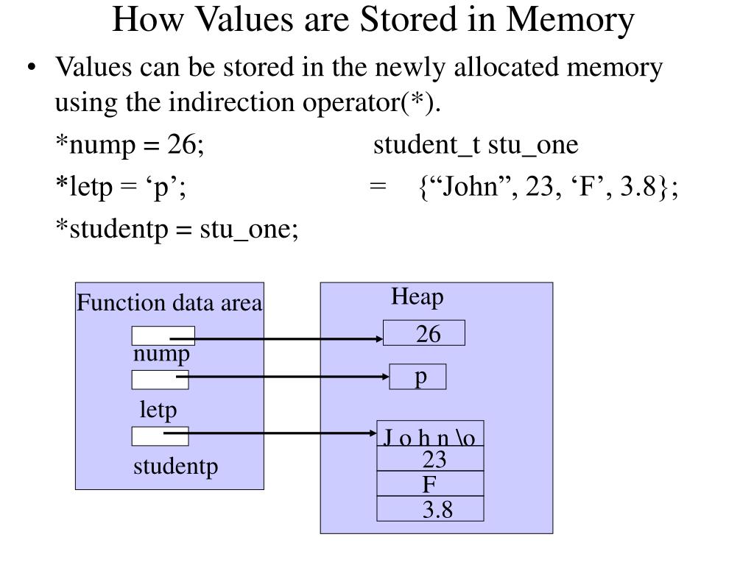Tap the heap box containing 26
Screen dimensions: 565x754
pos(424,333)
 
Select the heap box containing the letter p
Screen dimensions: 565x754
pos(417,377)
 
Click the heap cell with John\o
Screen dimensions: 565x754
pos(431,436)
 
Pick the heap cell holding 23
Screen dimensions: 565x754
pos(431,459)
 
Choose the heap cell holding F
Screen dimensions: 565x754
pos(431,484)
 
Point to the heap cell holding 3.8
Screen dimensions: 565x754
pos(431,509)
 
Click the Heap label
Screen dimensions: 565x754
pos(417,297)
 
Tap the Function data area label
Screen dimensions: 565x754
pos(169,303)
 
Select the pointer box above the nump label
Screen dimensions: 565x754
pos(163,335)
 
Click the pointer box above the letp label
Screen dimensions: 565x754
pos(160,380)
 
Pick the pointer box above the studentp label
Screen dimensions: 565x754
pos(160,436)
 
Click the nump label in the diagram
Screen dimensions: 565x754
pos(161,355)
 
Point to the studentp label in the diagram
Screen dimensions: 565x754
pos(176,466)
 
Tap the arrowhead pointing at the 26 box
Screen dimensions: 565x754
pos(378,339)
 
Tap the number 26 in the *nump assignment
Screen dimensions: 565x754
pos(181,145)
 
